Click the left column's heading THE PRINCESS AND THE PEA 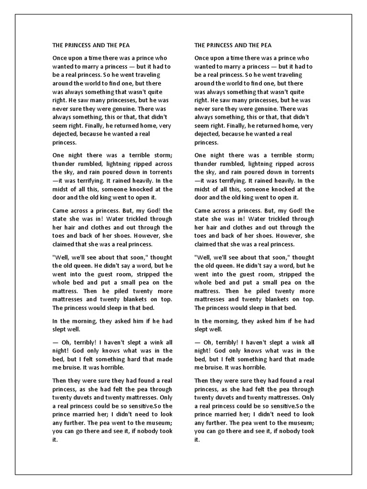coord(90,45)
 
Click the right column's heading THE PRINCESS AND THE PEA coord(233,45)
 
